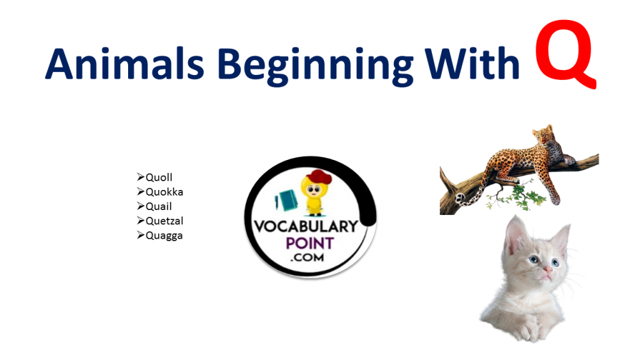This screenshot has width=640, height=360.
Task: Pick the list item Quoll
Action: (159, 177)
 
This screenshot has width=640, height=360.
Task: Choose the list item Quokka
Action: (164, 192)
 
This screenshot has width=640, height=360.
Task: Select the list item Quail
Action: (159, 206)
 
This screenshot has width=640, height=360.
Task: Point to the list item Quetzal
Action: (164, 221)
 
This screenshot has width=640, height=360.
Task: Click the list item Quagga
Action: (164, 236)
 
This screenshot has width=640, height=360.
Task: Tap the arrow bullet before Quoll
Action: (141, 177)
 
